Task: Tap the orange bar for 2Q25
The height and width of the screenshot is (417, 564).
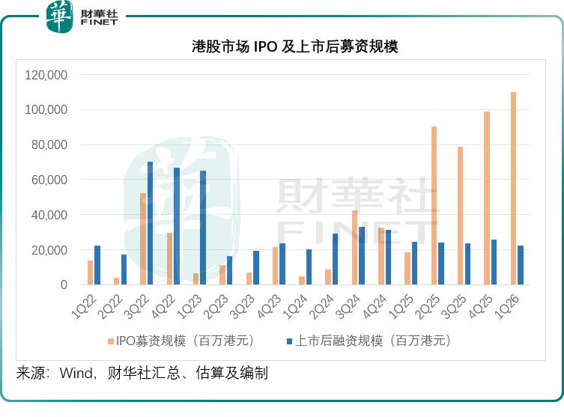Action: coord(434,206)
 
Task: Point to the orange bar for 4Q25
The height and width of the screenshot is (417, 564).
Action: coord(487,198)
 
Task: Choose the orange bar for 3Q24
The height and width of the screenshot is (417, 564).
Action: coord(355,248)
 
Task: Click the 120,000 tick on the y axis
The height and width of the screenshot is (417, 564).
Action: coord(46,75)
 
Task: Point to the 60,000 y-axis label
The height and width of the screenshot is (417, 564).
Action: coord(49,180)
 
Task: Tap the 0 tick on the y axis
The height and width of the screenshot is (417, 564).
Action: coord(64,285)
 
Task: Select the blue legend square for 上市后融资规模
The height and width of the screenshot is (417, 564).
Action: coord(290,341)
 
